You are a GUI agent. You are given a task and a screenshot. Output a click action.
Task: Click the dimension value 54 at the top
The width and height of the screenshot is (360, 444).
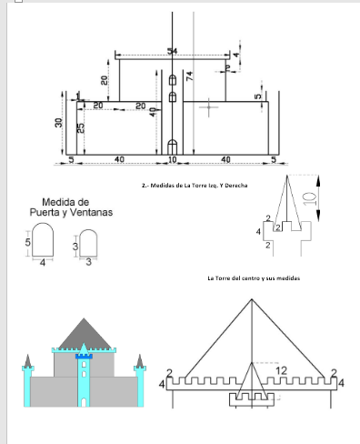[172, 50]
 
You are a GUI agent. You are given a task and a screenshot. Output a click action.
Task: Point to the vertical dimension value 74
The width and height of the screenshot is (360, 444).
[190, 77]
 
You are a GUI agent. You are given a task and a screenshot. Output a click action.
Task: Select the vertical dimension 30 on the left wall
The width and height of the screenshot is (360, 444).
[58, 123]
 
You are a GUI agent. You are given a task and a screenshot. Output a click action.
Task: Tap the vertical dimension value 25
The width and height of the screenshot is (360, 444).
[81, 129]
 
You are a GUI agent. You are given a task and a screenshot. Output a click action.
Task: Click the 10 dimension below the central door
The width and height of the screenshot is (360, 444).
[173, 160]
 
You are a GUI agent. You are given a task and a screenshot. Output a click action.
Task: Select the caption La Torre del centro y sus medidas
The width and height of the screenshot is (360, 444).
[254, 278]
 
